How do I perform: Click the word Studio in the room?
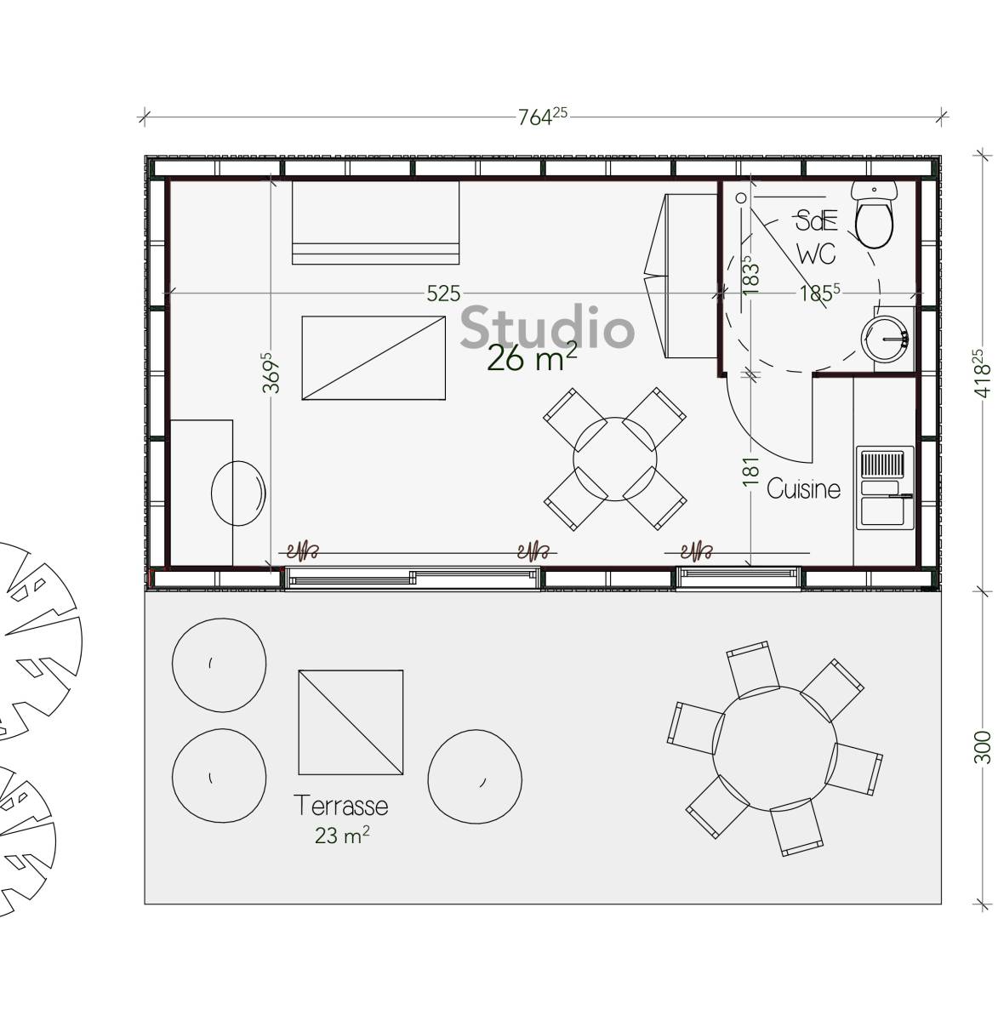point(547,328)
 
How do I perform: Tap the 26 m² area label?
point(532,358)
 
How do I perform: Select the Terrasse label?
point(340,805)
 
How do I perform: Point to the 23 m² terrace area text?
point(342,836)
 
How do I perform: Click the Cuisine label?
point(803,488)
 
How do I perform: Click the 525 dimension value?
point(442,294)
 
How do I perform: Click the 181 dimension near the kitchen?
point(750,472)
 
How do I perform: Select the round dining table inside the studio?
point(614,458)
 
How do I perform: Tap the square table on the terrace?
point(351,722)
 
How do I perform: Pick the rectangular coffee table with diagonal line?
point(374,357)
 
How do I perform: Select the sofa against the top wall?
point(375,222)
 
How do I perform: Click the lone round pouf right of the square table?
point(475,776)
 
